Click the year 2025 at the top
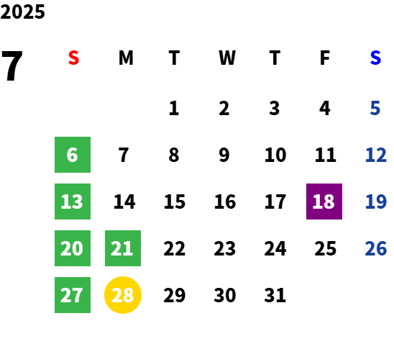pyautogui.click(x=22, y=12)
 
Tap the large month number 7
pyautogui.click(x=12, y=65)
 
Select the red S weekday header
pyautogui.click(x=73, y=58)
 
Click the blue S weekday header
pyautogui.click(x=375, y=58)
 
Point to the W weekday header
pyautogui.click(x=227, y=58)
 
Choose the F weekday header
pyautogui.click(x=325, y=58)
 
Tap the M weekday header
pyautogui.click(x=126, y=58)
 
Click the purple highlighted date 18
pyautogui.click(x=324, y=202)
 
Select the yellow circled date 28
pyautogui.click(x=123, y=295)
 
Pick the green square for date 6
pyautogui.click(x=73, y=155)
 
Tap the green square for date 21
pyautogui.click(x=123, y=248)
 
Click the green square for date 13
pyautogui.click(x=73, y=202)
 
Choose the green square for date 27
pyautogui.click(x=73, y=295)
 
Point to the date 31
pyautogui.click(x=275, y=295)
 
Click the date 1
pyautogui.click(x=174, y=108)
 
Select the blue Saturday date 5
pyautogui.click(x=375, y=108)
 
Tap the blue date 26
pyautogui.click(x=375, y=248)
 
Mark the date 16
pyautogui.click(x=225, y=202)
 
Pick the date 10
pyautogui.click(x=275, y=155)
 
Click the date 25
pyautogui.click(x=325, y=248)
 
